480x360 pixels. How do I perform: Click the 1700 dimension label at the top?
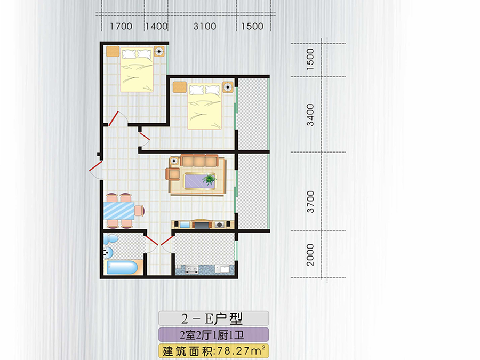click(x=121, y=26)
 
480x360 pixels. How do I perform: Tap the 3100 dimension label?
click(x=205, y=26)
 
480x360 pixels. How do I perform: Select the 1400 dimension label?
click(x=156, y=26)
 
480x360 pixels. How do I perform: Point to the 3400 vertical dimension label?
click(x=310, y=115)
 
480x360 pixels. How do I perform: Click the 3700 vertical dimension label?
click(x=310, y=202)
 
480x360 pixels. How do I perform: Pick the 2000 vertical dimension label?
click(x=310, y=255)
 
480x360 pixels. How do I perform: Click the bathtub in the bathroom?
click(x=122, y=268)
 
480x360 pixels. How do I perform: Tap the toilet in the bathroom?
click(x=110, y=239)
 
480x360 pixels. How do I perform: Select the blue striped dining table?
click(x=119, y=211)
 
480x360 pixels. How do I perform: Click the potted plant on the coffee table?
click(x=210, y=179)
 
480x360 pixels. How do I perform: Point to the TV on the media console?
click(x=201, y=225)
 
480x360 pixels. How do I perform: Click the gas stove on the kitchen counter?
click(x=192, y=269)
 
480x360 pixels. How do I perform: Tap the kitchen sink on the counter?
click(x=222, y=269)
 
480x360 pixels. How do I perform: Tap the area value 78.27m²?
click(x=241, y=351)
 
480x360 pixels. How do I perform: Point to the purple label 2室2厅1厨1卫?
click(x=212, y=335)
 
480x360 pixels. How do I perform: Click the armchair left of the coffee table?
click(x=173, y=173)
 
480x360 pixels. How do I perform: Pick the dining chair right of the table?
click(x=139, y=211)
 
